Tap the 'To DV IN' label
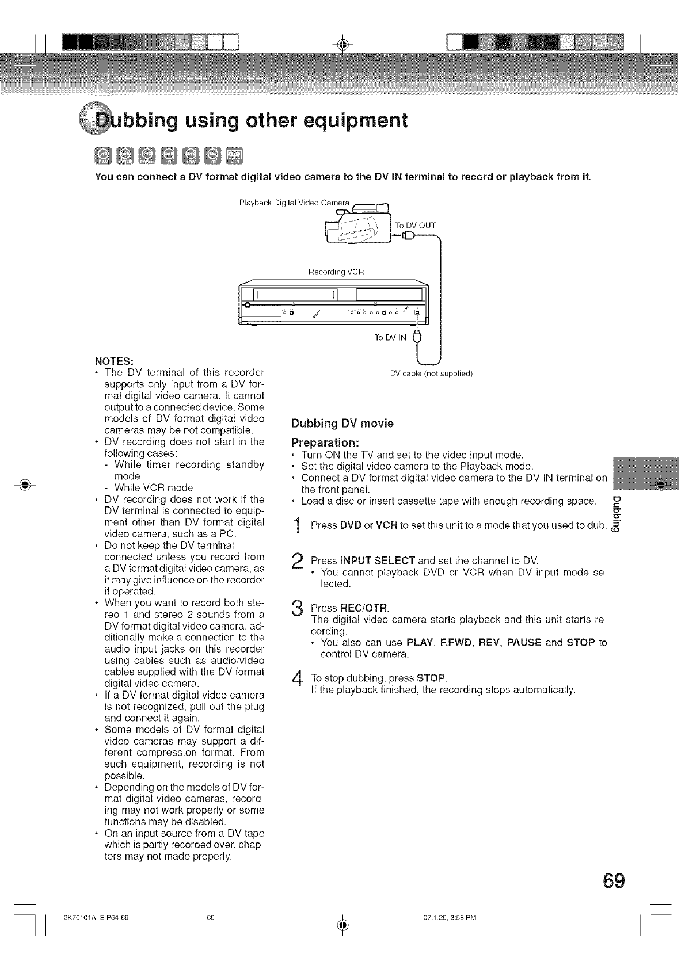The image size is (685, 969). point(390,338)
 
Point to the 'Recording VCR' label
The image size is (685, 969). point(336,271)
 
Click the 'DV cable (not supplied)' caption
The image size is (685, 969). point(431,373)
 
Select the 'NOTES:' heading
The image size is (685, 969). point(114,361)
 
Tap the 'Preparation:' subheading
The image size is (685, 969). point(326,444)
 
